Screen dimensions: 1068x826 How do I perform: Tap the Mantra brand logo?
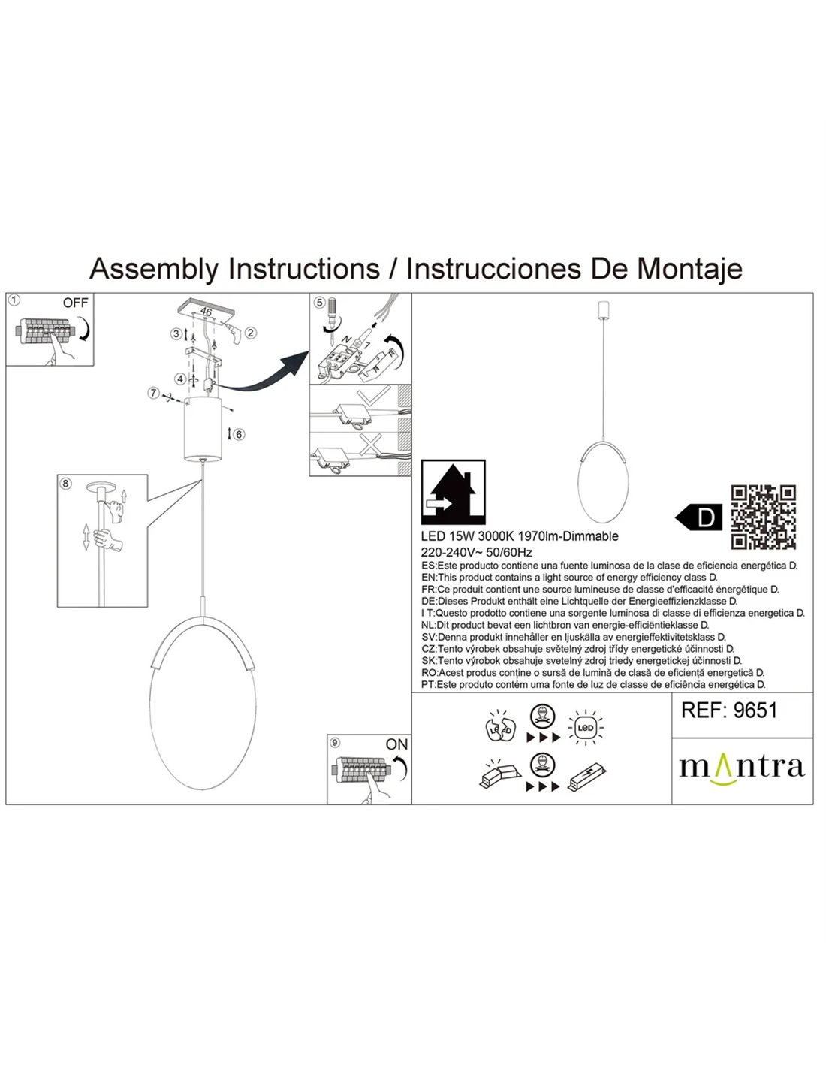pos(742,766)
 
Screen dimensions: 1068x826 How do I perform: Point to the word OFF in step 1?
pos(75,303)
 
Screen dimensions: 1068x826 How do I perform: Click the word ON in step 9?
pos(396,744)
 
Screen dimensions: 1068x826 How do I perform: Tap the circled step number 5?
pos(320,303)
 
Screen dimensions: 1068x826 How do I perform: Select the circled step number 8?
pos(66,484)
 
